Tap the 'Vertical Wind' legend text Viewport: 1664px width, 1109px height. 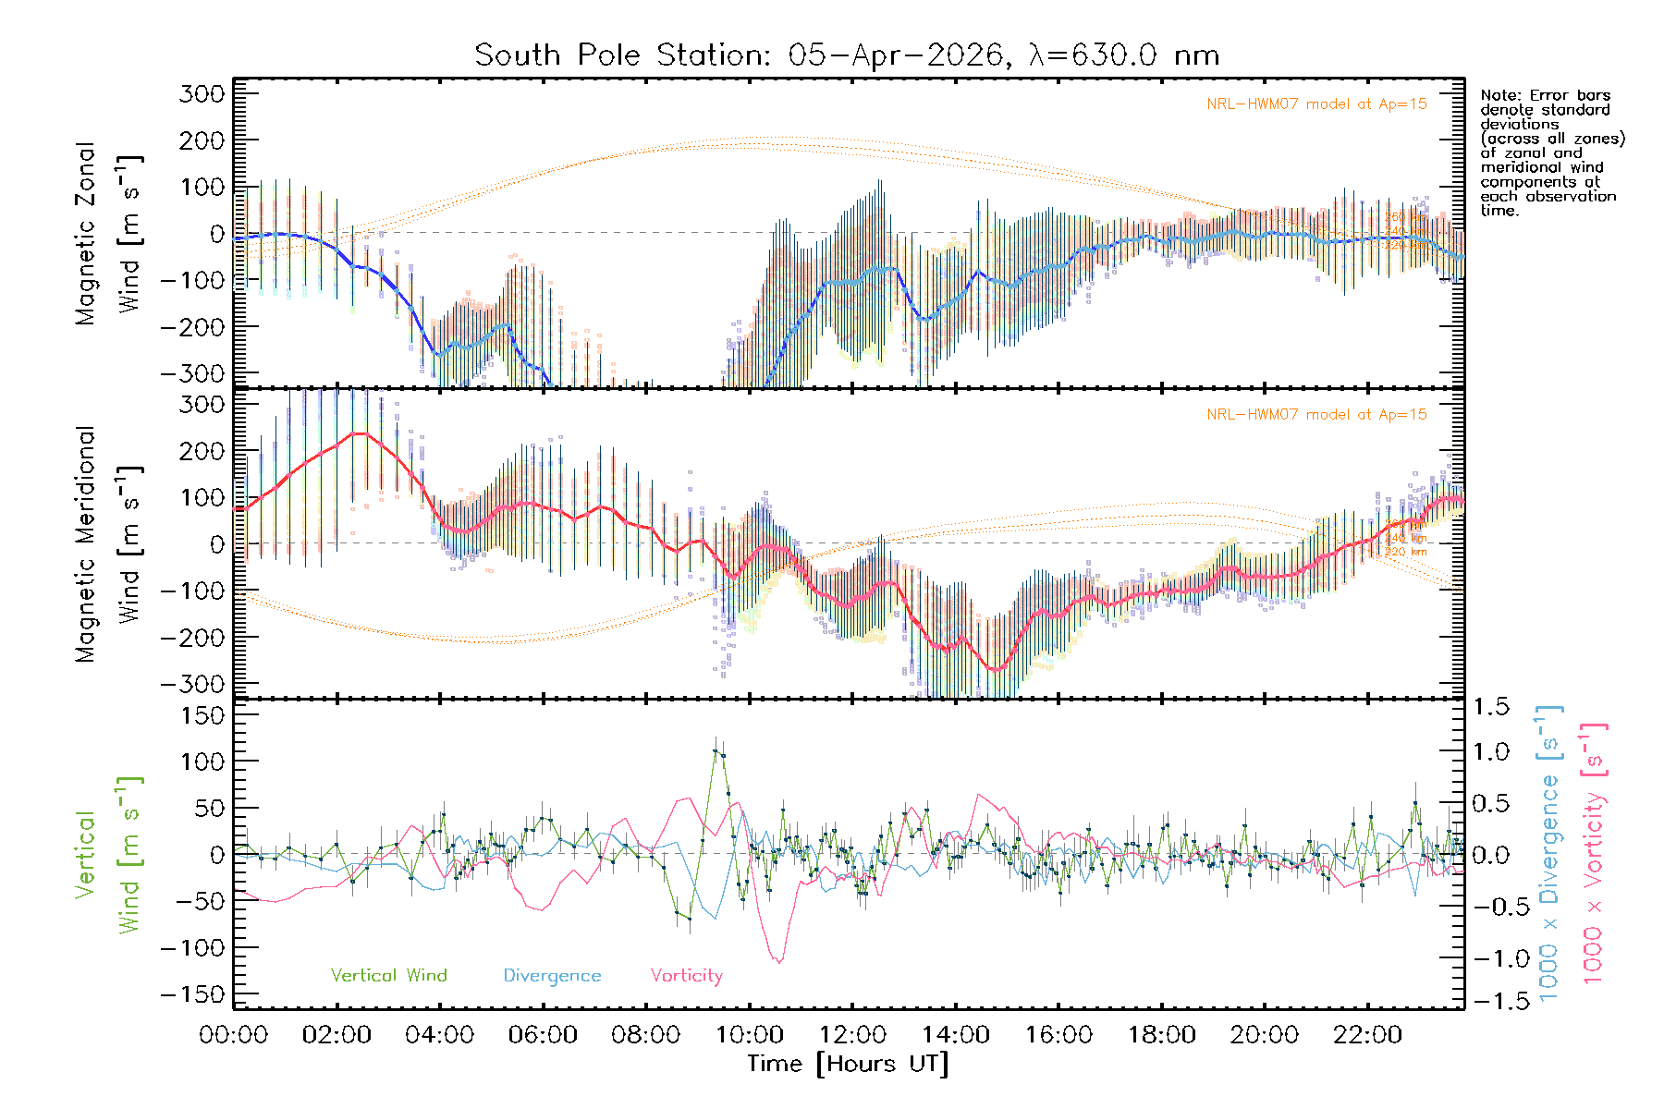click(388, 976)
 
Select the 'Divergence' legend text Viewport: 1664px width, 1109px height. click(552, 976)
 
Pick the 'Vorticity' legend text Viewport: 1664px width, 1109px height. click(686, 976)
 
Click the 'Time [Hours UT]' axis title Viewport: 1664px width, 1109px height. click(848, 1064)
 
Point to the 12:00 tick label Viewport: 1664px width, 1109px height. click(852, 1035)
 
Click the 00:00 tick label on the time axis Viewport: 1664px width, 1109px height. click(234, 1035)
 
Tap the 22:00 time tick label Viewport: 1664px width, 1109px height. click(1367, 1035)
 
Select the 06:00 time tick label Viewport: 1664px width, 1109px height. click(543, 1035)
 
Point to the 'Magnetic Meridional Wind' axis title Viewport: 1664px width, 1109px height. click(109, 544)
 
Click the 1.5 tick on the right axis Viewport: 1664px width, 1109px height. click(1490, 707)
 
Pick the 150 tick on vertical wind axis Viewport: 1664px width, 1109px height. click(202, 715)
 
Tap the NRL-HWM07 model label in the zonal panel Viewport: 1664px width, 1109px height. click(1316, 104)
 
